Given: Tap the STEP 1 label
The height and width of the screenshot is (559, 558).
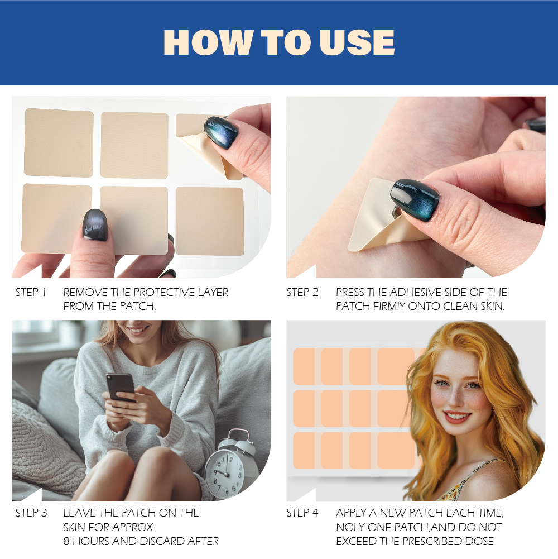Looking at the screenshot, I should (31, 292).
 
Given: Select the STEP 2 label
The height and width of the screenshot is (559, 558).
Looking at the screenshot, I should (302, 292).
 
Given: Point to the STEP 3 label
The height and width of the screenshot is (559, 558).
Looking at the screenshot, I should (31, 513).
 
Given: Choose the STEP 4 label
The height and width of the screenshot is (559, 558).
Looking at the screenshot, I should (302, 513).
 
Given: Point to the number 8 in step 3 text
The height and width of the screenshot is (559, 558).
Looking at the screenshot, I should (67, 541).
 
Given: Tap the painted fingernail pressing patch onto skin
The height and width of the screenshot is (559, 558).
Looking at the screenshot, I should (415, 199).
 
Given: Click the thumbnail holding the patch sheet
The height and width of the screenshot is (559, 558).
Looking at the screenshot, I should (95, 224).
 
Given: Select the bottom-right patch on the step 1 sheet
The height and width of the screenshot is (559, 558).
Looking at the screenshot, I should (210, 221).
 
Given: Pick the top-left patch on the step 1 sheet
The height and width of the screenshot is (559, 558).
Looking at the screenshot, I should (59, 142).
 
